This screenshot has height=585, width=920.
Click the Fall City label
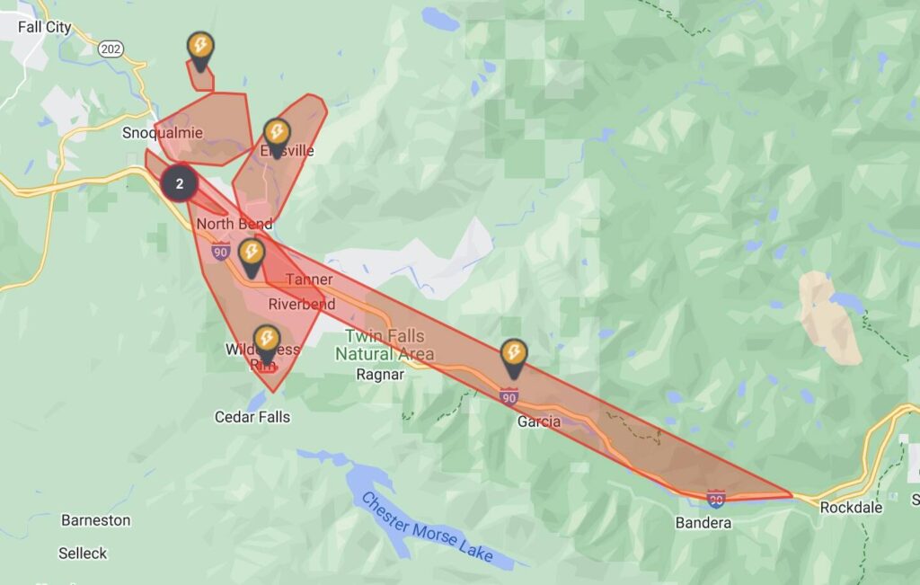pyautogui.click(x=44, y=27)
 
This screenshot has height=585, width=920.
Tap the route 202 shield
pyautogui.click(x=112, y=48)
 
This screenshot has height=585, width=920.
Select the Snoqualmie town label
pyautogui.click(x=163, y=133)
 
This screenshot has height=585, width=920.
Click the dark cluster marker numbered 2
pyautogui.click(x=180, y=183)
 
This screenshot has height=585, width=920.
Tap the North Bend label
pyautogui.click(x=234, y=224)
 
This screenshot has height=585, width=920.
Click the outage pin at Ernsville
pyautogui.click(x=277, y=135)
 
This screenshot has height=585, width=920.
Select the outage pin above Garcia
pyautogui.click(x=514, y=355)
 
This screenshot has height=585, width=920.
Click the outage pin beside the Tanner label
pyautogui.click(x=252, y=255)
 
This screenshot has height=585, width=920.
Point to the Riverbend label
pyautogui.click(x=302, y=305)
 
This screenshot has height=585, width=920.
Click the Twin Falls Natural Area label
pyautogui.click(x=385, y=345)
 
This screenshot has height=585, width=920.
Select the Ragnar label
pyautogui.click(x=380, y=375)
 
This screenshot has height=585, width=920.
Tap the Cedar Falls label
pyautogui.click(x=252, y=417)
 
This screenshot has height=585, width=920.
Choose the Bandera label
pyautogui.click(x=703, y=523)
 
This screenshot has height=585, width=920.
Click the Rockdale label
pyautogui.click(x=851, y=508)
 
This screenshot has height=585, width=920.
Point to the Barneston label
pyautogui.click(x=95, y=520)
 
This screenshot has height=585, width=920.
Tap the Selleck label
pyautogui.click(x=83, y=554)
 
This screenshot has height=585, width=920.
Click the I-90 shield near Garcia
pyautogui.click(x=509, y=395)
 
